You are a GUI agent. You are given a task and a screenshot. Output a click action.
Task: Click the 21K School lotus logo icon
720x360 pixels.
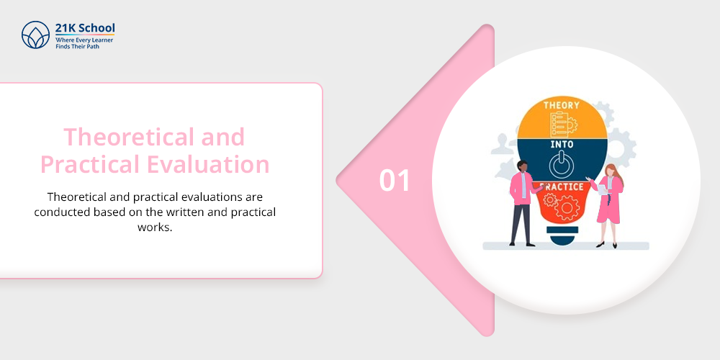[x=35, y=35]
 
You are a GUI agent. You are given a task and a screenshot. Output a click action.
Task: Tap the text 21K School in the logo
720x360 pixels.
[x=85, y=27]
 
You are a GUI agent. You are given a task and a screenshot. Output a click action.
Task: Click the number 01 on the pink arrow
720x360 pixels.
[x=395, y=181]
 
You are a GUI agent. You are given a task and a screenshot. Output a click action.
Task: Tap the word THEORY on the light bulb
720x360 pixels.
[x=562, y=105]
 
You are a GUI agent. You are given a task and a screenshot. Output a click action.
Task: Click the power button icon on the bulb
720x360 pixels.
[x=561, y=166]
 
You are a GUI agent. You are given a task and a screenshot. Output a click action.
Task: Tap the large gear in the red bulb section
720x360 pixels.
[x=567, y=207]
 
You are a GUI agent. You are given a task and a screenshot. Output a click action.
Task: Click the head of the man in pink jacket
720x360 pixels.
[x=523, y=166]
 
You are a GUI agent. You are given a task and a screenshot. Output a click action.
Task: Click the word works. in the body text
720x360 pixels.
[x=155, y=227]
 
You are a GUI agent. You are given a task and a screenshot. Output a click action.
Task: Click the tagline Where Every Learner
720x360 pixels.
[x=84, y=40]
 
